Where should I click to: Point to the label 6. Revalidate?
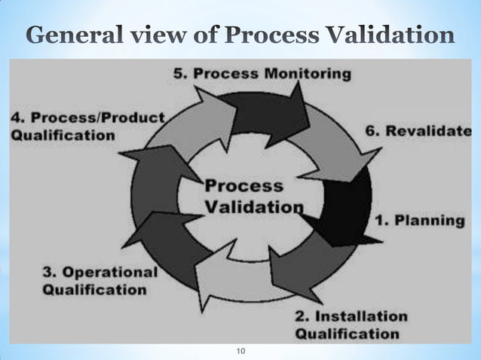[422, 130]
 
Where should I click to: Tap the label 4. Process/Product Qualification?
[87, 127]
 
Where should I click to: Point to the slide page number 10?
[241, 351]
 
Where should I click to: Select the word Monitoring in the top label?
[309, 75]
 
